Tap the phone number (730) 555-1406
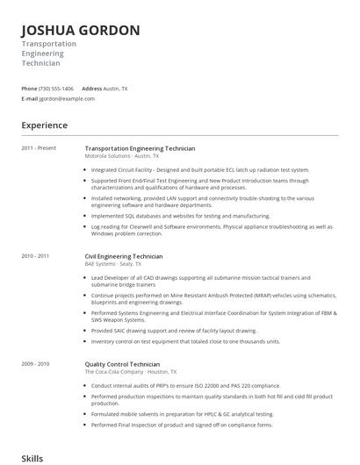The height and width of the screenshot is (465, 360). click(x=57, y=89)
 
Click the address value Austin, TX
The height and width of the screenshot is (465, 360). click(x=116, y=89)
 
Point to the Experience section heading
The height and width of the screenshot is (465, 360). click(x=44, y=125)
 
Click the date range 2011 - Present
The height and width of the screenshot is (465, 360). click(x=40, y=148)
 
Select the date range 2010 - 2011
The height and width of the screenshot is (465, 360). click(x=35, y=256)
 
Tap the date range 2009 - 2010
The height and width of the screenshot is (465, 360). click(x=35, y=363)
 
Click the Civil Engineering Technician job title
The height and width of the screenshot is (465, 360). click(x=124, y=256)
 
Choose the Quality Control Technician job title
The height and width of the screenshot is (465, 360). click(x=122, y=363)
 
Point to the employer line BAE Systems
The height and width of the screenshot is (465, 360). click(x=112, y=263)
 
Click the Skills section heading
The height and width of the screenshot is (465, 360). click(x=32, y=458)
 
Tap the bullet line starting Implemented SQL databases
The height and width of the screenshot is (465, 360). click(x=180, y=215)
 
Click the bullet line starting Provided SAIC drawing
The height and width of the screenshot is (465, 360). click(x=174, y=331)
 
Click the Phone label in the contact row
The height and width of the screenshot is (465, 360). click(x=29, y=89)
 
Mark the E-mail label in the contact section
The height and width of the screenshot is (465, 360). click(x=30, y=99)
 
